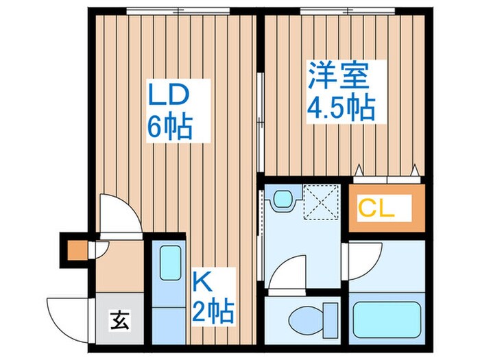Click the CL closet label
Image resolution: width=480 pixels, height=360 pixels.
[x=377, y=208]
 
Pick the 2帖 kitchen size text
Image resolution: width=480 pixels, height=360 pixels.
[x=213, y=312]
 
